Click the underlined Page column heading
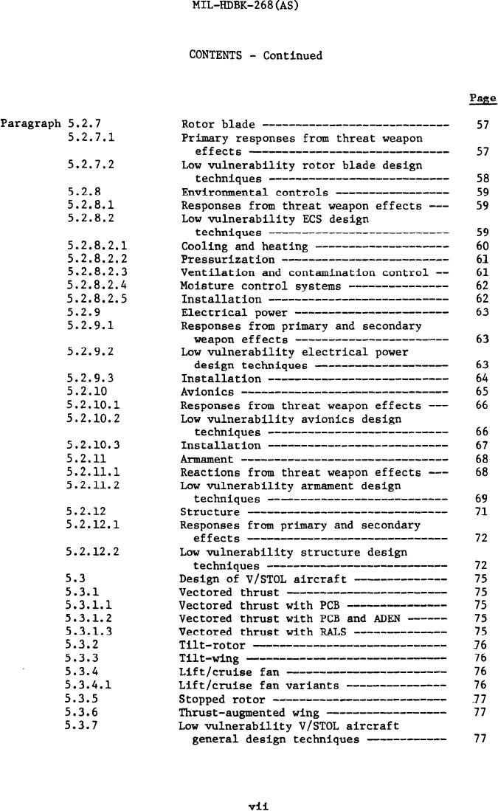coord(483,98)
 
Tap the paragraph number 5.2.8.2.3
coord(97,272)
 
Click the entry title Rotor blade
coord(218,125)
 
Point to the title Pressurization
coord(227,259)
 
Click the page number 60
coord(483,246)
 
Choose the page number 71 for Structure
coord(482,511)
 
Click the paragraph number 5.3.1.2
coord(89,618)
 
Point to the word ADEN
coord(386,618)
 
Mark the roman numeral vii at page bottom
coord(257,807)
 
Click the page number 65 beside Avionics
coord(483,392)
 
